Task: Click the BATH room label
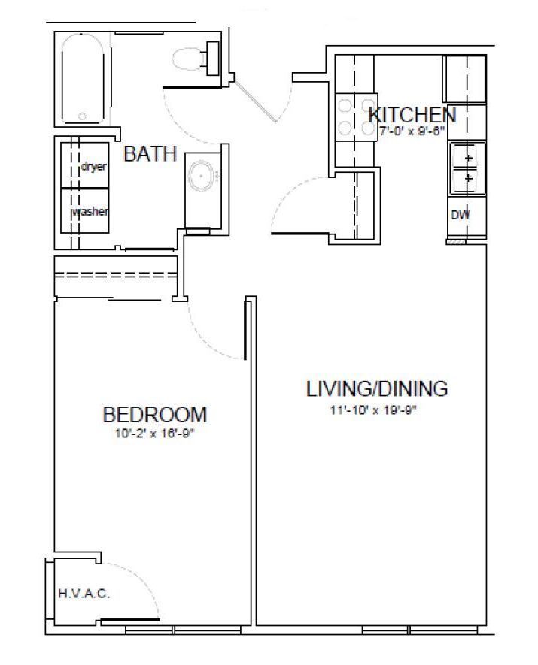150,153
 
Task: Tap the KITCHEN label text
412,115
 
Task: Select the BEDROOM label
155,414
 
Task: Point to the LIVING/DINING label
377,388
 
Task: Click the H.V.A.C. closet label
84,594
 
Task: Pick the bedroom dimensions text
154,434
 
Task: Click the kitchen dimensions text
412,131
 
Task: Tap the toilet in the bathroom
196,59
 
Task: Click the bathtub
82,79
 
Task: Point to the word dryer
93,166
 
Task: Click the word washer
90,211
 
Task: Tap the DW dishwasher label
460,215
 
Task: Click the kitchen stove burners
356,116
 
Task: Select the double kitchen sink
467,168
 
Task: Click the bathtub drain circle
82,116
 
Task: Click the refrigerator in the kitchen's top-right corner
464,79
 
